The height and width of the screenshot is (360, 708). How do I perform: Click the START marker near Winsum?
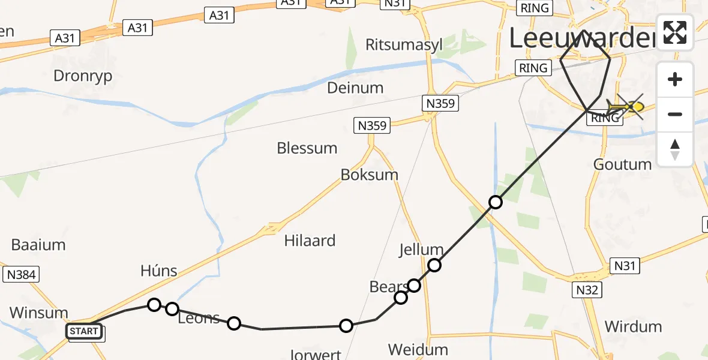coord(84,331)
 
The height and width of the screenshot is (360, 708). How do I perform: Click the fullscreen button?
coord(675,32)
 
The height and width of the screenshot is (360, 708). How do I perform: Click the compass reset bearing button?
coord(675,149)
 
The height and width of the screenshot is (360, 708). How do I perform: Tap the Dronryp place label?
coord(83,76)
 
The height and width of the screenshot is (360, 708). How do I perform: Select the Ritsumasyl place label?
coord(404,46)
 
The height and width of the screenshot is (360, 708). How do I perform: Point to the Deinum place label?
coord(355,88)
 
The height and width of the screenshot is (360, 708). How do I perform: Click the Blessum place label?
coord(307,148)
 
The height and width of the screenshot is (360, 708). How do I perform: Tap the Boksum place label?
coord(370,175)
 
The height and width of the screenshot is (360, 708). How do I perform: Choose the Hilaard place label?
coord(310,241)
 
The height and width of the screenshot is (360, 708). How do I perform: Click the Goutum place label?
coord(622,164)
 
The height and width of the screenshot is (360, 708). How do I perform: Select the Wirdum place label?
coord(633,327)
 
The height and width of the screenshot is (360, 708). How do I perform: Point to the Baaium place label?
coord(38,245)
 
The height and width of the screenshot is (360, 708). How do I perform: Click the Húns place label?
coord(159,271)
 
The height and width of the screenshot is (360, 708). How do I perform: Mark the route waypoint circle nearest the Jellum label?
coord(434,265)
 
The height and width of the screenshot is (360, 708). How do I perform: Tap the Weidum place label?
coord(418,349)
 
